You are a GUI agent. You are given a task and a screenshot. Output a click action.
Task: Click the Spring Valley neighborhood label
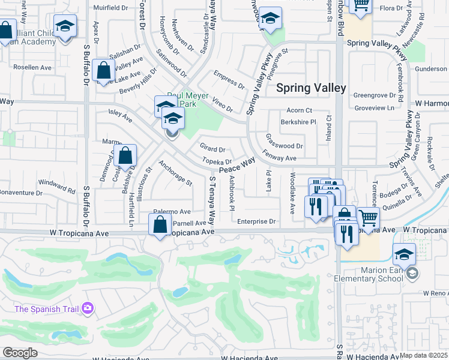[x=311, y=88]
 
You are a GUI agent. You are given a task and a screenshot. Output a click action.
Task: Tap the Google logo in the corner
[x=20, y=352]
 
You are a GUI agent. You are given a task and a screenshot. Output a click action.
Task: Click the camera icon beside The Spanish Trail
[x=88, y=308]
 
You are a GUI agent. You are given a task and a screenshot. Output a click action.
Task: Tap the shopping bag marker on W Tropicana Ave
[x=160, y=226]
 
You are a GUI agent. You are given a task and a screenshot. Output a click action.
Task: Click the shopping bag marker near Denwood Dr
[x=125, y=157]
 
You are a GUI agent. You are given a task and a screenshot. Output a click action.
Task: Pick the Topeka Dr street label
[x=217, y=161]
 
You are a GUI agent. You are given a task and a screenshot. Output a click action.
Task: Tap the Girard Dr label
[x=213, y=149]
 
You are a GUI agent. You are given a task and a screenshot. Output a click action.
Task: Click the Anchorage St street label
[x=175, y=173]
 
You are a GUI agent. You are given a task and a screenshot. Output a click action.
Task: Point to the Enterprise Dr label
[x=256, y=221]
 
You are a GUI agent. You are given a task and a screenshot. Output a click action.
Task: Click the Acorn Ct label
[x=300, y=110]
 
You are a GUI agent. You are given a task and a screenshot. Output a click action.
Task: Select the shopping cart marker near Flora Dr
[x=361, y=6]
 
